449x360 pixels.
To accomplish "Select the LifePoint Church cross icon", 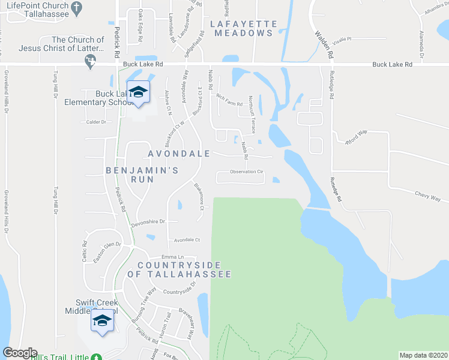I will point(76,7).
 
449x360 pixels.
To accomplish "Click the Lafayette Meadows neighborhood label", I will point(243,28).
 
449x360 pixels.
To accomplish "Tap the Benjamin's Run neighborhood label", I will point(142,170).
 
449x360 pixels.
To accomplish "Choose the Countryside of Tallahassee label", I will point(184,269).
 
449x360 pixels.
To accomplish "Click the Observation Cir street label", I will point(247,172).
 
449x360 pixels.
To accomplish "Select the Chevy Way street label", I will point(428,197).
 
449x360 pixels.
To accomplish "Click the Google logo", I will point(20,353).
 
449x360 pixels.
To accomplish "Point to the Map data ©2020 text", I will point(424,355).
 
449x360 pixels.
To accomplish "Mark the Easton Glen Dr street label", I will point(107,253).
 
